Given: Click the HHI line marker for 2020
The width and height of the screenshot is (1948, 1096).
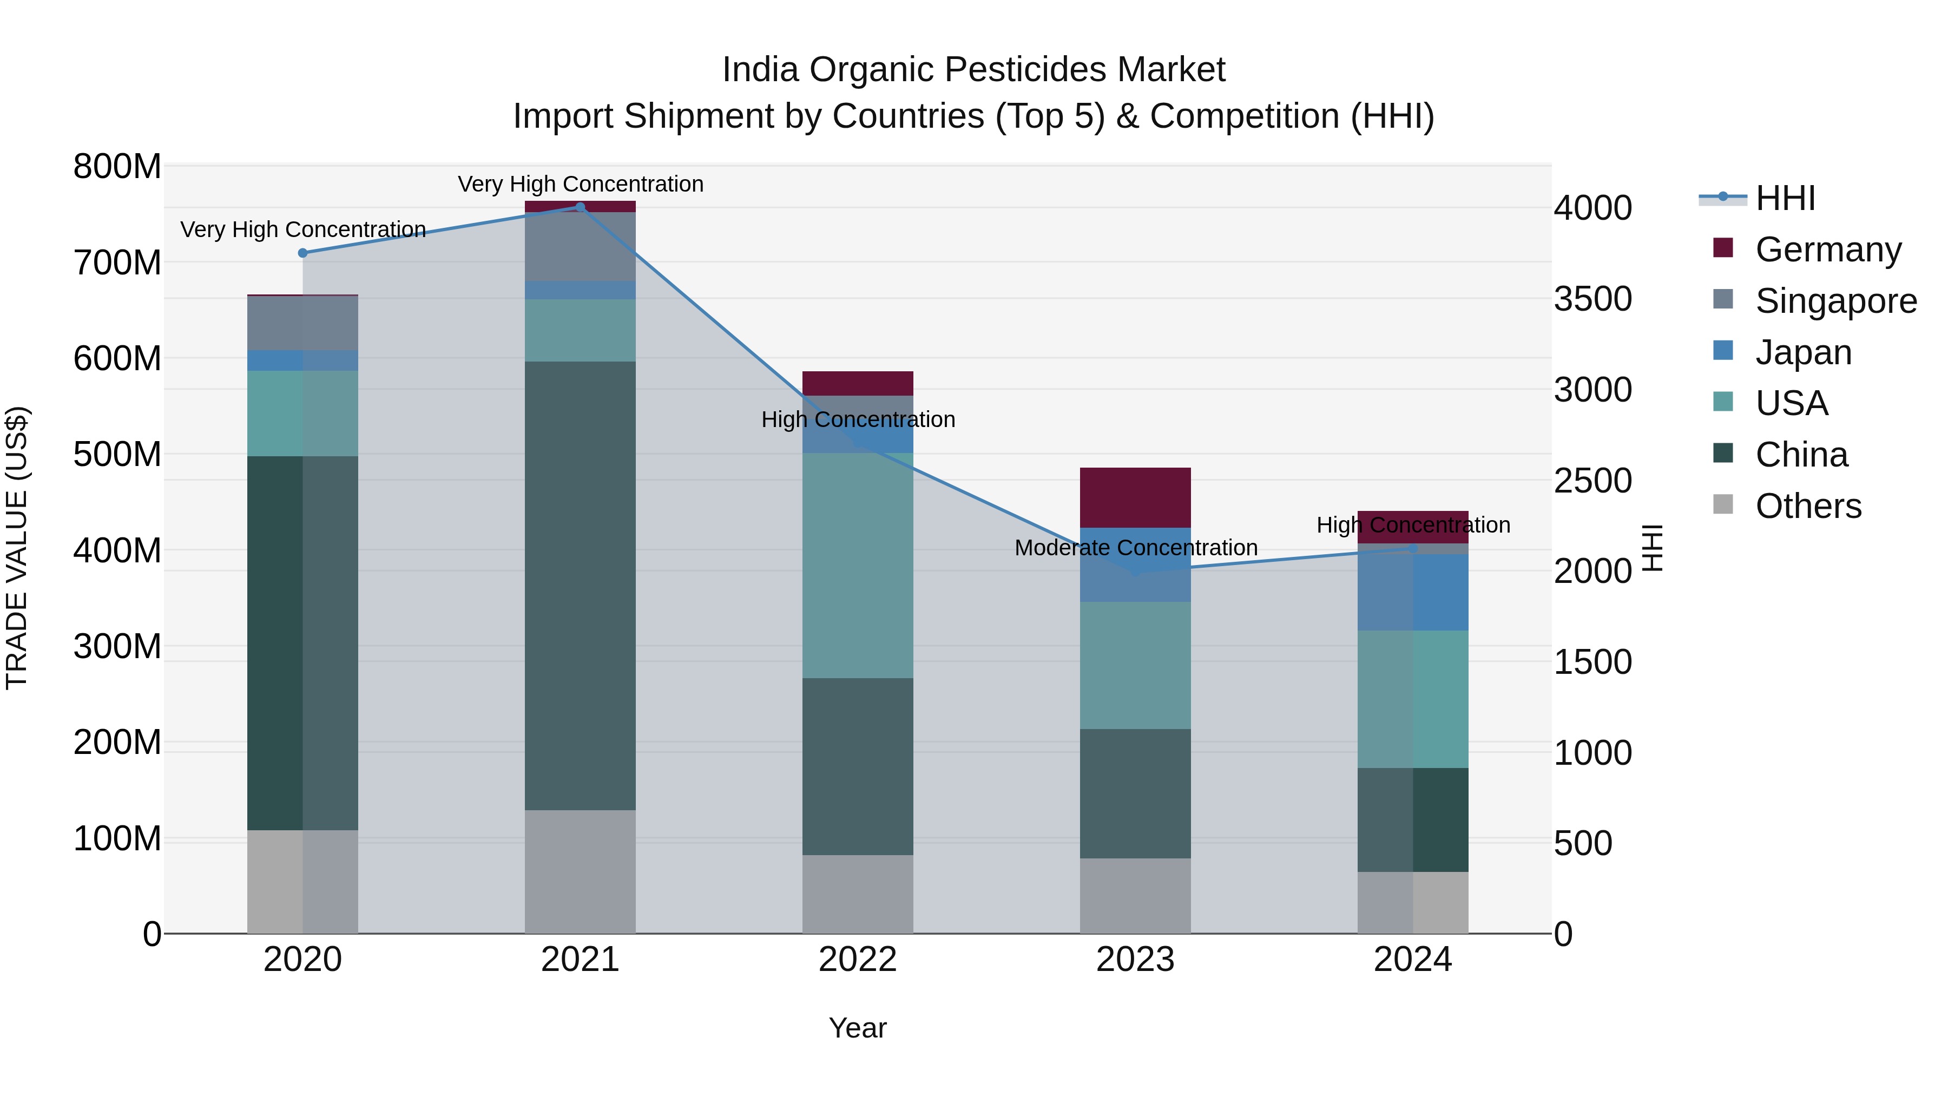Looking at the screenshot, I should (x=302, y=253).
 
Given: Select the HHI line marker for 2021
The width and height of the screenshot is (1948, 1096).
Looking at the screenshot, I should (x=580, y=207).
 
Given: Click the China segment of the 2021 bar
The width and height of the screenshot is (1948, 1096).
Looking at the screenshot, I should (x=580, y=586).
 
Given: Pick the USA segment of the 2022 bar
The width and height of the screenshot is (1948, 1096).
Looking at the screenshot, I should (x=858, y=565).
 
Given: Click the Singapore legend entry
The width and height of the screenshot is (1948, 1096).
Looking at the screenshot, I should (x=1835, y=301).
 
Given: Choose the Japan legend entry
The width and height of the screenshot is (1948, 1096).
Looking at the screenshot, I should (x=1803, y=352).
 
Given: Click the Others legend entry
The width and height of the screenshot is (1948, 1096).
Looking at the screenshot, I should (x=1807, y=506).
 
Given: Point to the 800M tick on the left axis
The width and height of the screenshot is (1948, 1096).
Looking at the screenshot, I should (x=117, y=166).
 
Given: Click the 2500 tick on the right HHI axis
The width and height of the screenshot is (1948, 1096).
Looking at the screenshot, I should (x=1592, y=481).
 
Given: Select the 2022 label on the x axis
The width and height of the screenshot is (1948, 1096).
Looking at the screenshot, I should (x=858, y=960).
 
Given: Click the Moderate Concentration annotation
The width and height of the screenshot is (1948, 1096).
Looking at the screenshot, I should (x=1135, y=548).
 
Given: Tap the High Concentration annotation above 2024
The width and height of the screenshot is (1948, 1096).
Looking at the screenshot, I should (x=1413, y=525).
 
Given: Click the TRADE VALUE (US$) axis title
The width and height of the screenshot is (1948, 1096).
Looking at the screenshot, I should (x=17, y=548).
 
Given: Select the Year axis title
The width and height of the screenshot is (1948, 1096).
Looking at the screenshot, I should (x=858, y=1028).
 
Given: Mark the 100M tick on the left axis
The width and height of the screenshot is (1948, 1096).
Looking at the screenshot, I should (x=117, y=839).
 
